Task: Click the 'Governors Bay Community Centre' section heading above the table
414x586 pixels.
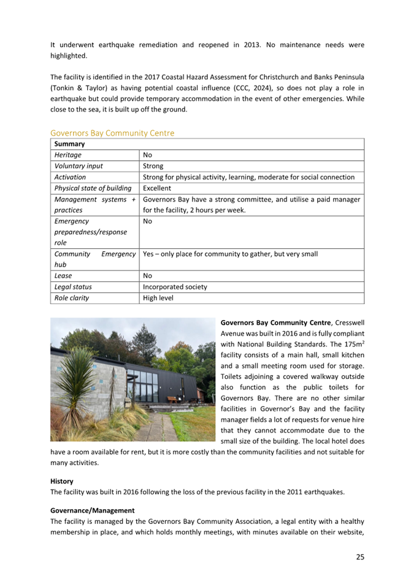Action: click(x=112, y=133)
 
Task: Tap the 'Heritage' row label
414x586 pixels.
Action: click(x=68, y=155)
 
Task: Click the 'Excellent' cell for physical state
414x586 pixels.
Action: click(x=157, y=188)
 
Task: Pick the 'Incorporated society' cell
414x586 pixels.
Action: click(x=175, y=287)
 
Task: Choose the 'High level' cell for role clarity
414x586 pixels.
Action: click(x=158, y=298)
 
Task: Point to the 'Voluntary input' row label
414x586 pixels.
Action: click(x=79, y=166)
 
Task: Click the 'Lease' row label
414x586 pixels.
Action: click(x=64, y=276)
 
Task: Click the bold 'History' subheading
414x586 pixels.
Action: click(x=62, y=482)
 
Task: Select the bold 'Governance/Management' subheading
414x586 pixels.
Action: click(x=92, y=510)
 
